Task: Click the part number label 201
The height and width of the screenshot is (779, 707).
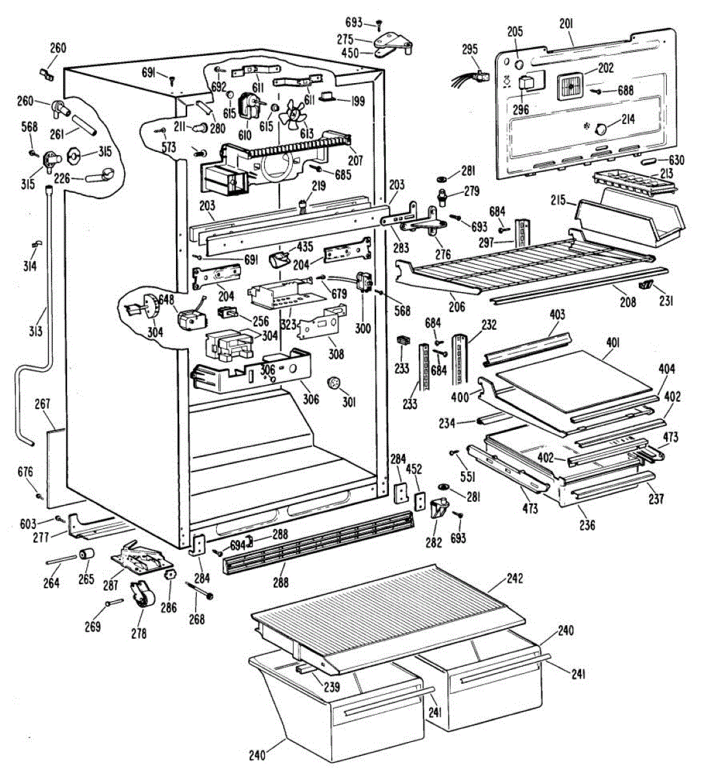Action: (565, 24)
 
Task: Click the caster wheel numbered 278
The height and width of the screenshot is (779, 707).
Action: (140, 596)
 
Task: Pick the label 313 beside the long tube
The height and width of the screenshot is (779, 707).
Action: (35, 331)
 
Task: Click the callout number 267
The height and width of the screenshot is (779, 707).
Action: (42, 404)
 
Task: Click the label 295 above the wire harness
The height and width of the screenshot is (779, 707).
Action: (469, 49)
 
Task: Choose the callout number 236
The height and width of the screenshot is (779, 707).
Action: (587, 526)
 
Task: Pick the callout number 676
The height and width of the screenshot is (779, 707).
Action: (25, 472)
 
